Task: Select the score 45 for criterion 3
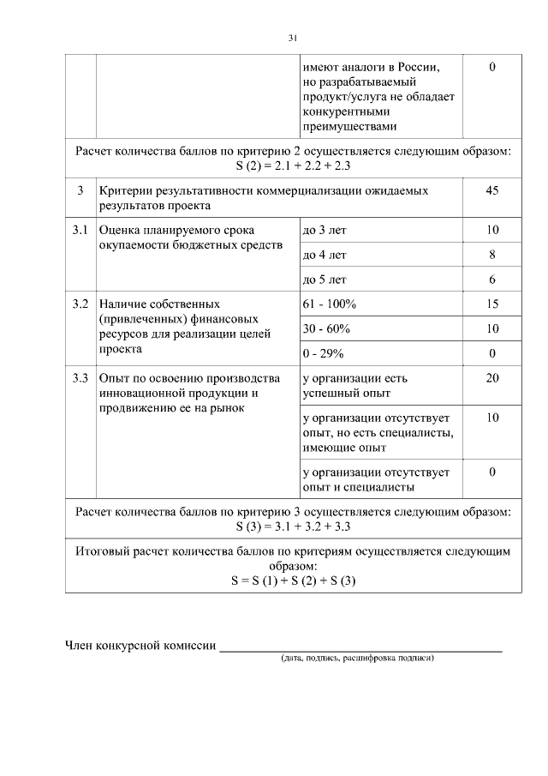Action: pos(491,190)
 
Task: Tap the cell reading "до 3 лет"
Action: pos(325,231)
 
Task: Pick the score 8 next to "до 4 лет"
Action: pos(491,255)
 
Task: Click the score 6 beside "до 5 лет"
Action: pos(491,280)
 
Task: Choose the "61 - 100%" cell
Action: pos(330,304)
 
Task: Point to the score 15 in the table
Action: pos(491,304)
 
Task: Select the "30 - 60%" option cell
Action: pos(326,328)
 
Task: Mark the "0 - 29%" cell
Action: pos(324,353)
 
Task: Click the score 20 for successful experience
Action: pos(491,378)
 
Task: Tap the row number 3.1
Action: pos(80,231)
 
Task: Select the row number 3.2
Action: pos(80,304)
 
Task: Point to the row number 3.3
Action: pos(80,378)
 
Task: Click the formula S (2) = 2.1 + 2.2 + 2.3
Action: pos(293,165)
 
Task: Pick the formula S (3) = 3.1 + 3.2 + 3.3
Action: pos(293,526)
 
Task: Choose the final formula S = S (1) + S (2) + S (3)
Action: pos(293,580)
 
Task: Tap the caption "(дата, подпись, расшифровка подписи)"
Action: pos(357,659)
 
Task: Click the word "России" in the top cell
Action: pos(419,67)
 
